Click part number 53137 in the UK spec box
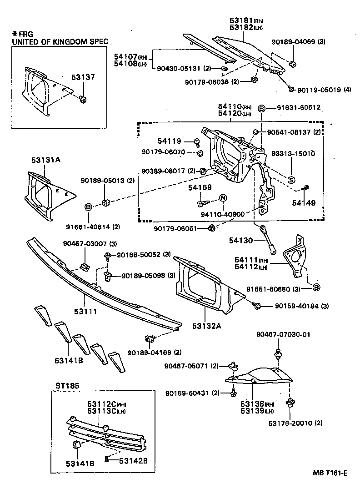click(83, 77)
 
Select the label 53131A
click(45, 160)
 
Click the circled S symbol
click(291, 179)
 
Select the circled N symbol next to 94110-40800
click(223, 198)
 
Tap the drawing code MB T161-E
click(330, 473)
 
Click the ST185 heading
click(67, 385)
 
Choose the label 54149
click(304, 203)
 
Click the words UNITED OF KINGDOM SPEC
click(60, 42)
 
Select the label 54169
click(200, 186)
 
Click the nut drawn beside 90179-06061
click(211, 227)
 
